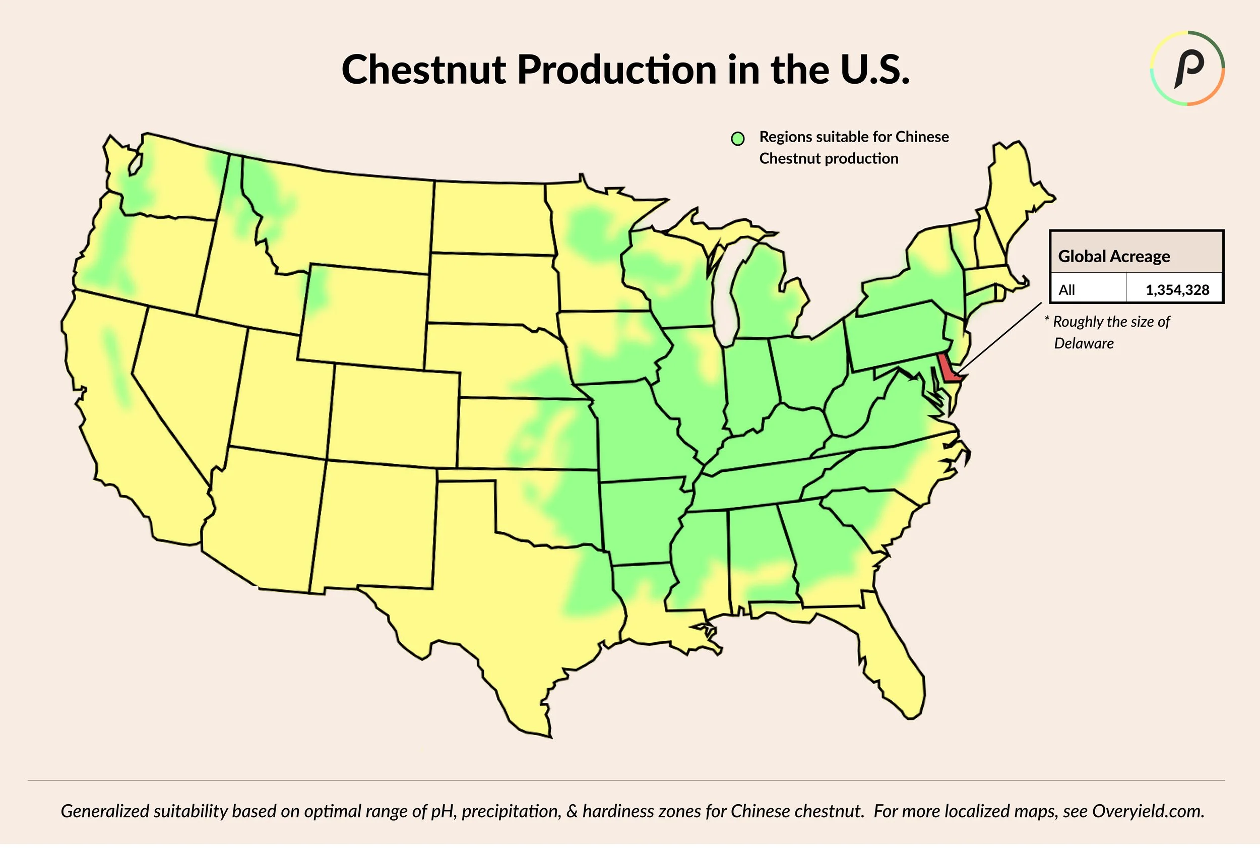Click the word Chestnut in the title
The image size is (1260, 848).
click(423, 70)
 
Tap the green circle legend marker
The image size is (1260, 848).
click(737, 139)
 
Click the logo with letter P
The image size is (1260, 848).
click(1187, 68)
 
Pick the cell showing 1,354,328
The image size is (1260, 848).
click(1177, 290)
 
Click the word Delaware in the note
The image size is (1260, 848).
click(1083, 344)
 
